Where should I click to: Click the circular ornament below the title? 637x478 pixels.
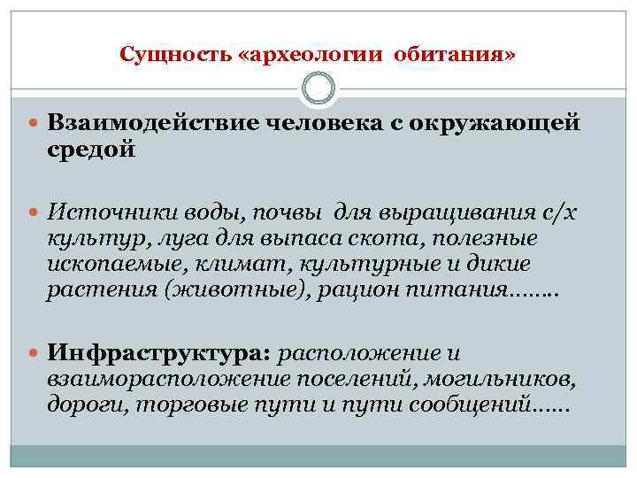point(318,89)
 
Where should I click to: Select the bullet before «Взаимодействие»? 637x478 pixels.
point(36,123)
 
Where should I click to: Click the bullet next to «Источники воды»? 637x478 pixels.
point(36,213)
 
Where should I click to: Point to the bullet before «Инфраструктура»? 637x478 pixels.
point(36,354)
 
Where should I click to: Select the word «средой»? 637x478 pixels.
point(92,150)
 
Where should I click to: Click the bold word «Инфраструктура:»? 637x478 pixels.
point(159,354)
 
